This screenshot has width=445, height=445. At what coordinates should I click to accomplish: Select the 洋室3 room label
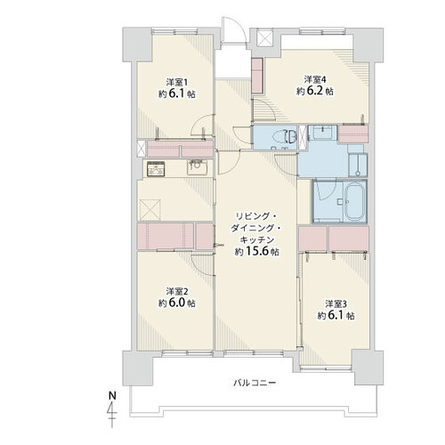coord(336,303)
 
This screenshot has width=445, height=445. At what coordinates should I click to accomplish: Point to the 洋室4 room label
coord(315,79)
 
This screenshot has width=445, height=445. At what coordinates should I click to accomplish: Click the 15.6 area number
coord(256,252)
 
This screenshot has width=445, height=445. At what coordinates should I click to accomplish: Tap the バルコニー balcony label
coord(255,383)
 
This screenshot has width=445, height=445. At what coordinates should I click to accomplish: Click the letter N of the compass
coord(112,395)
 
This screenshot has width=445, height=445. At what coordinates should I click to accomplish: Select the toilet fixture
coord(289,136)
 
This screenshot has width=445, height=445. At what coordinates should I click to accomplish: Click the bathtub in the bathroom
coord(355,201)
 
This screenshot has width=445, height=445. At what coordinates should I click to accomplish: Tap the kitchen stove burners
coord(156,169)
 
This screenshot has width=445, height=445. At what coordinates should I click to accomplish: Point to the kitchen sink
coord(197,167)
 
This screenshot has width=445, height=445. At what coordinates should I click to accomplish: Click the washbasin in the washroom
coord(322,132)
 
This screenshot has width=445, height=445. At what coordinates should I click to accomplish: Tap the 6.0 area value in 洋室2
coord(177,303)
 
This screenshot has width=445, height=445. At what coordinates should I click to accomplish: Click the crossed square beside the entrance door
coord(264,38)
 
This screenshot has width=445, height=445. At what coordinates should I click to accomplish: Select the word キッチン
coord(256,239)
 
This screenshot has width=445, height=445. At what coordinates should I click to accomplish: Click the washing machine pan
coord(358,165)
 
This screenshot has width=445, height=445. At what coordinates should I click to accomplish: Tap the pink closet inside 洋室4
coord(257,76)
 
